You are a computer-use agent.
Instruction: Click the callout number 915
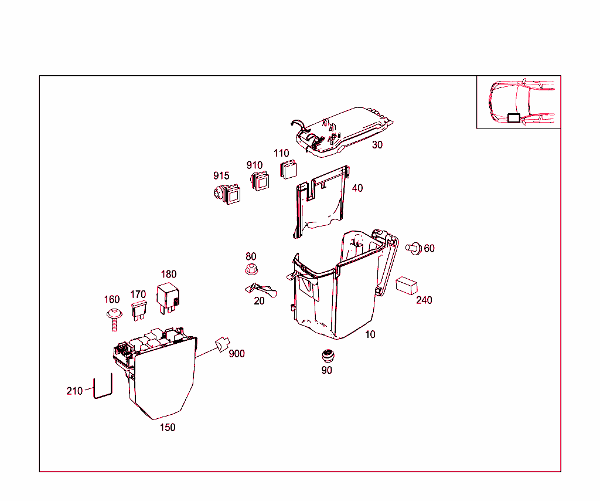point(221,176)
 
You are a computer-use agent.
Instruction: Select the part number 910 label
point(254,165)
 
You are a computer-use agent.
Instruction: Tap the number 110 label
point(282,153)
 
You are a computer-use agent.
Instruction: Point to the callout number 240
point(424,300)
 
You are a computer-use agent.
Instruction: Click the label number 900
point(237,354)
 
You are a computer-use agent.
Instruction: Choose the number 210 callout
point(74,391)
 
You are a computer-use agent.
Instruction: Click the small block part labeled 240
point(405,285)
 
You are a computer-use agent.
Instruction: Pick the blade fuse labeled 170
point(139,310)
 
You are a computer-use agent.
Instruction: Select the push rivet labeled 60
point(414,248)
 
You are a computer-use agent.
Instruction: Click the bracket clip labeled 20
point(259,290)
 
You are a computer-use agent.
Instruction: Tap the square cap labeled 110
point(288,169)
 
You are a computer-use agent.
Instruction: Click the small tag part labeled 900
point(222,344)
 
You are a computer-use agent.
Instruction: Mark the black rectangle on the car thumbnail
point(513,118)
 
